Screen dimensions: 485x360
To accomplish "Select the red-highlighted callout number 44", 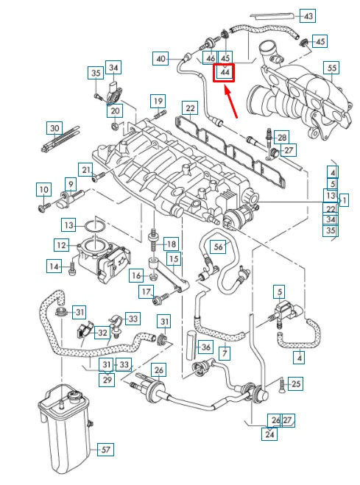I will coord(224,72).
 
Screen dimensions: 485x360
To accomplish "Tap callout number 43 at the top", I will coord(308,15).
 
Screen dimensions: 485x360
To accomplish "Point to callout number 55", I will coord(332,68).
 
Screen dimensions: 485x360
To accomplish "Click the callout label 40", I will coord(161,57).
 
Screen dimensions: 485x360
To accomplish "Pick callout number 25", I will coord(295,383).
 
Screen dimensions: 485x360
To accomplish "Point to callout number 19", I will coord(158,100).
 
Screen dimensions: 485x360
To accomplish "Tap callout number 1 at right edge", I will coord(344,199).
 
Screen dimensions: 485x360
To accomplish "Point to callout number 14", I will coord(53,266).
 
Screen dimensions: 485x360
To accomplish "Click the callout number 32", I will coord(102,333).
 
